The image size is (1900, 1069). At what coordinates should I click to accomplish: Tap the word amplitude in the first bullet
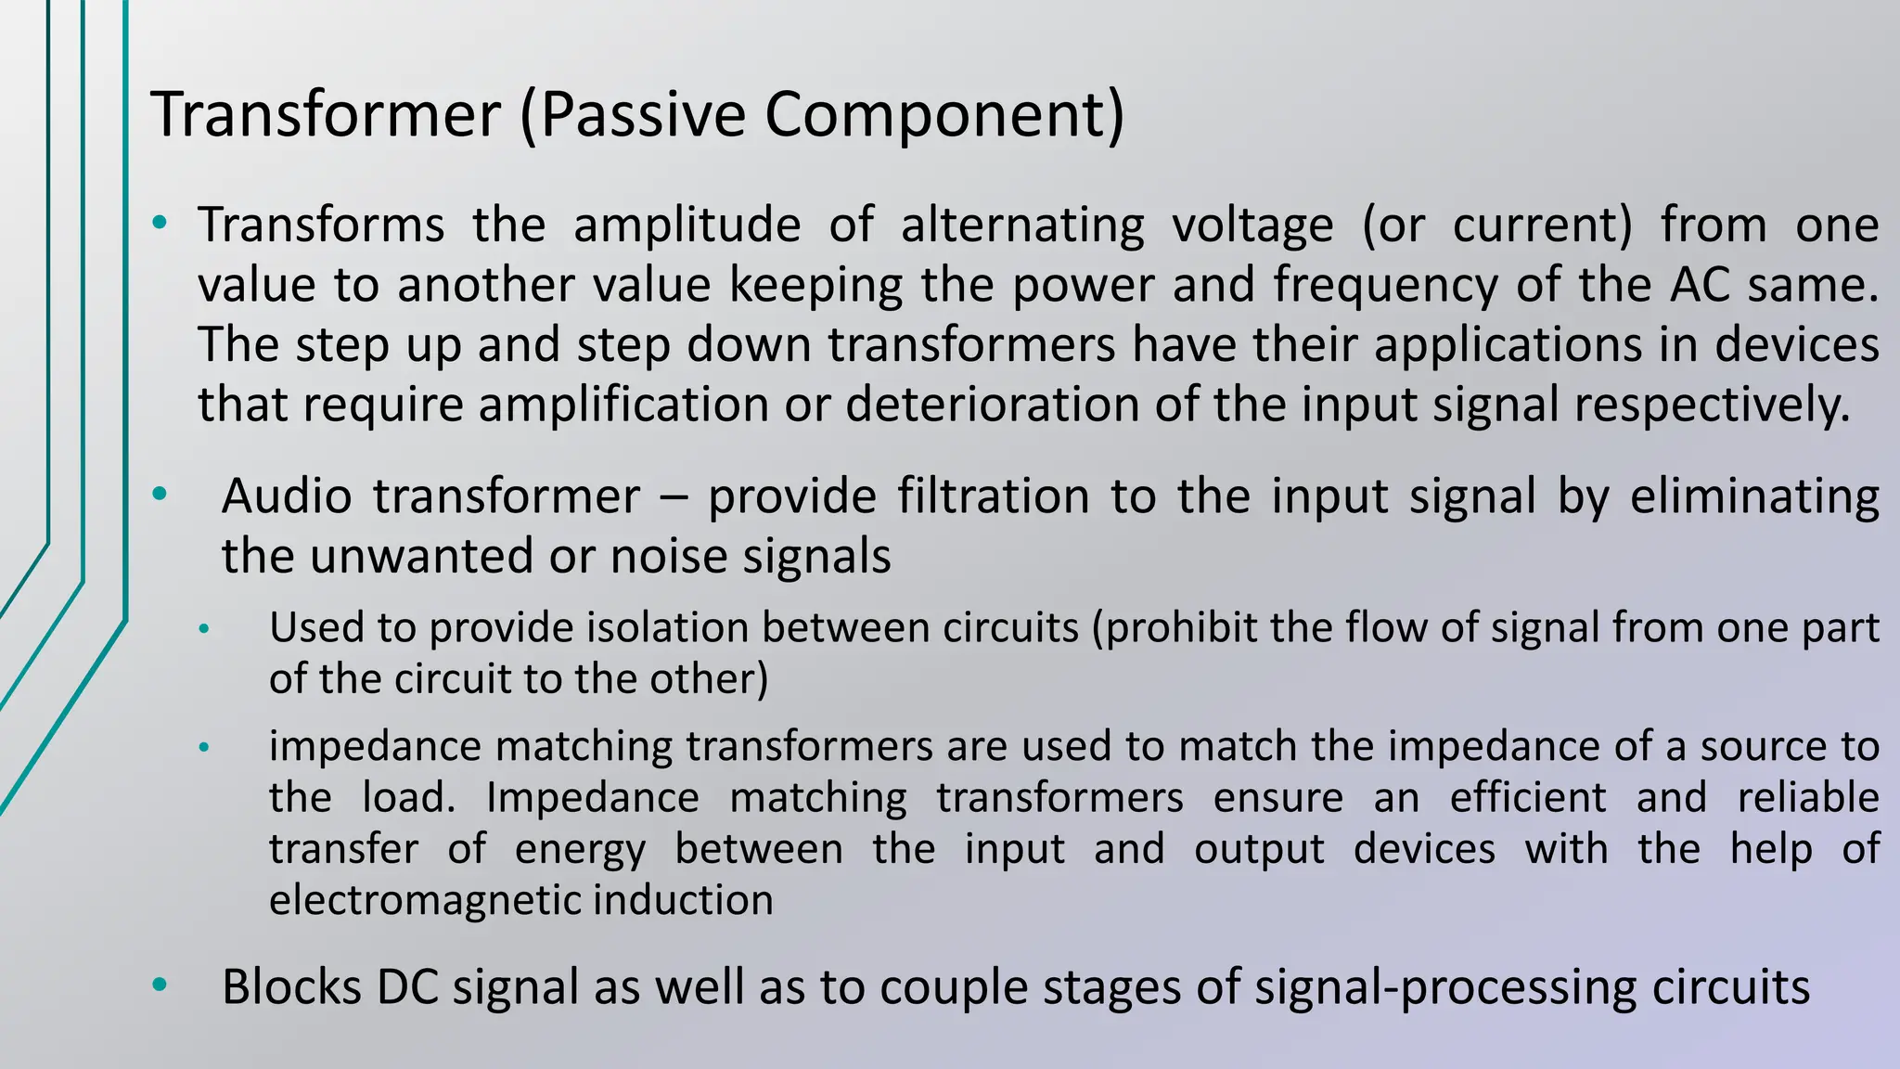click(687, 225)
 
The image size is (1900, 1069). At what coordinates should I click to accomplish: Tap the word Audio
click(287, 496)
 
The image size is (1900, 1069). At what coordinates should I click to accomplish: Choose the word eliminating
click(1754, 496)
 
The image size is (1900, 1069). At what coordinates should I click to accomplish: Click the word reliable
click(1808, 797)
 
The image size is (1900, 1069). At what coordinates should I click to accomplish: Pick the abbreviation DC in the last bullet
click(407, 986)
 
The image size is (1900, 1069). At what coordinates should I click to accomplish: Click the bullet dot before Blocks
click(160, 985)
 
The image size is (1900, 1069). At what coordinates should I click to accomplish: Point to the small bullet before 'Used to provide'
click(204, 630)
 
